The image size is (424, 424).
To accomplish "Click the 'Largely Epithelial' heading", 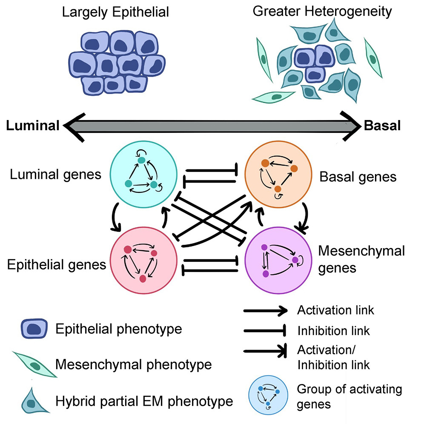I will click(115, 11).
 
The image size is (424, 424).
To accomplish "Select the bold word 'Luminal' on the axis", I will click(32, 126).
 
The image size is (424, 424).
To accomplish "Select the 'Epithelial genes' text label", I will click(57, 264).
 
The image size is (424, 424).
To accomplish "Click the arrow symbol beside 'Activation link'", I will click(265, 311).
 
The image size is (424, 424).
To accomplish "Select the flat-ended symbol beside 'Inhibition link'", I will click(265, 330).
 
